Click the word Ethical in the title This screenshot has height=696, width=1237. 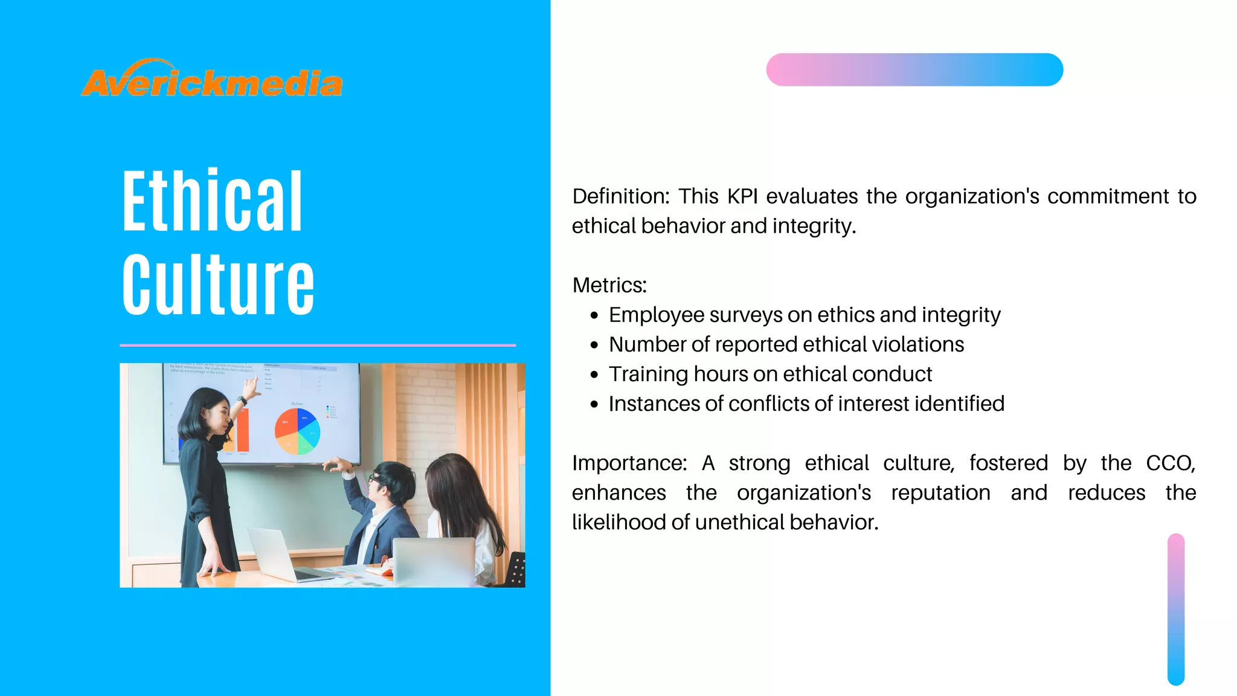tap(212, 201)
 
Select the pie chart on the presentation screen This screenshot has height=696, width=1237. tap(297, 431)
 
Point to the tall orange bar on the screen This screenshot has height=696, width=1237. tap(243, 430)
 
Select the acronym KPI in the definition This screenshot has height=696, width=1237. tap(742, 196)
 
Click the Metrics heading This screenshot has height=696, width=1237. tap(609, 285)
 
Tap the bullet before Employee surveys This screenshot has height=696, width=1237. tap(594, 315)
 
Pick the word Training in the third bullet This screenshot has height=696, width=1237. tap(647, 374)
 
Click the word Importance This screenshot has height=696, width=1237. tap(629, 463)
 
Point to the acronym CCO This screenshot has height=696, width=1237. tap(1170, 463)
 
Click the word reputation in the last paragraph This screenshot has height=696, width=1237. tap(940, 492)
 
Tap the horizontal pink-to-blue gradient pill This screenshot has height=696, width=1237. tap(914, 69)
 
